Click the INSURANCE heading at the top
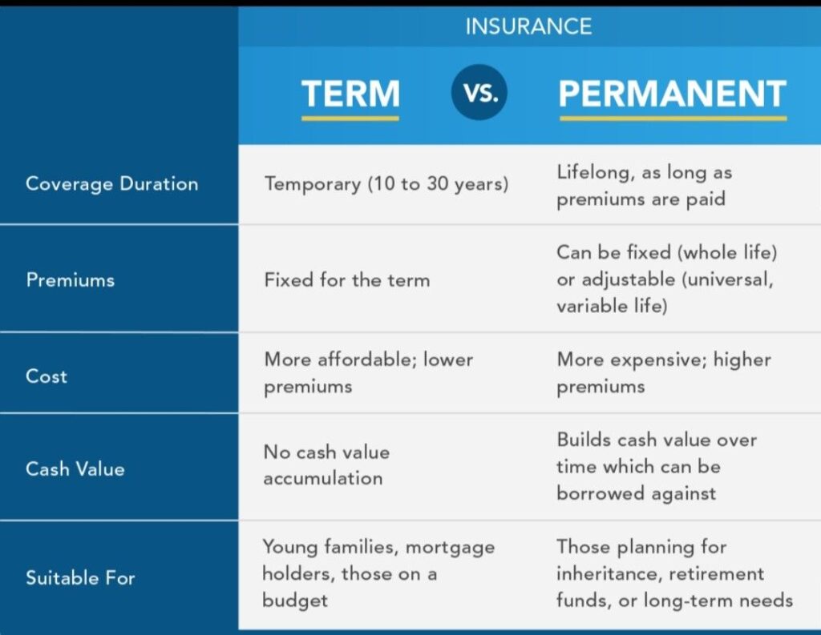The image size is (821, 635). point(528,26)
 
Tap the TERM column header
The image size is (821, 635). point(350,94)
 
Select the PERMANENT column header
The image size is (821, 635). point(672,94)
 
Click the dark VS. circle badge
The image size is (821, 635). point(479,93)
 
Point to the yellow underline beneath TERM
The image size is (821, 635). point(350,118)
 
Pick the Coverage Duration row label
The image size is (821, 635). point(111,183)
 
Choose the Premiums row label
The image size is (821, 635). point(71,279)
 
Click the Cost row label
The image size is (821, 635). point(47,376)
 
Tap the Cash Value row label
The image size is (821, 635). point(75,468)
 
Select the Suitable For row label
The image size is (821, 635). point(80,577)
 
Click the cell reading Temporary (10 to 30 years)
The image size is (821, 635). point(386,183)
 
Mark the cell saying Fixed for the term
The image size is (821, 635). point(346,279)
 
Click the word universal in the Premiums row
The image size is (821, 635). point(726,279)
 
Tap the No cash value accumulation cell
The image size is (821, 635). point(326,465)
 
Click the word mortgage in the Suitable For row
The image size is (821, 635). point(451,548)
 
